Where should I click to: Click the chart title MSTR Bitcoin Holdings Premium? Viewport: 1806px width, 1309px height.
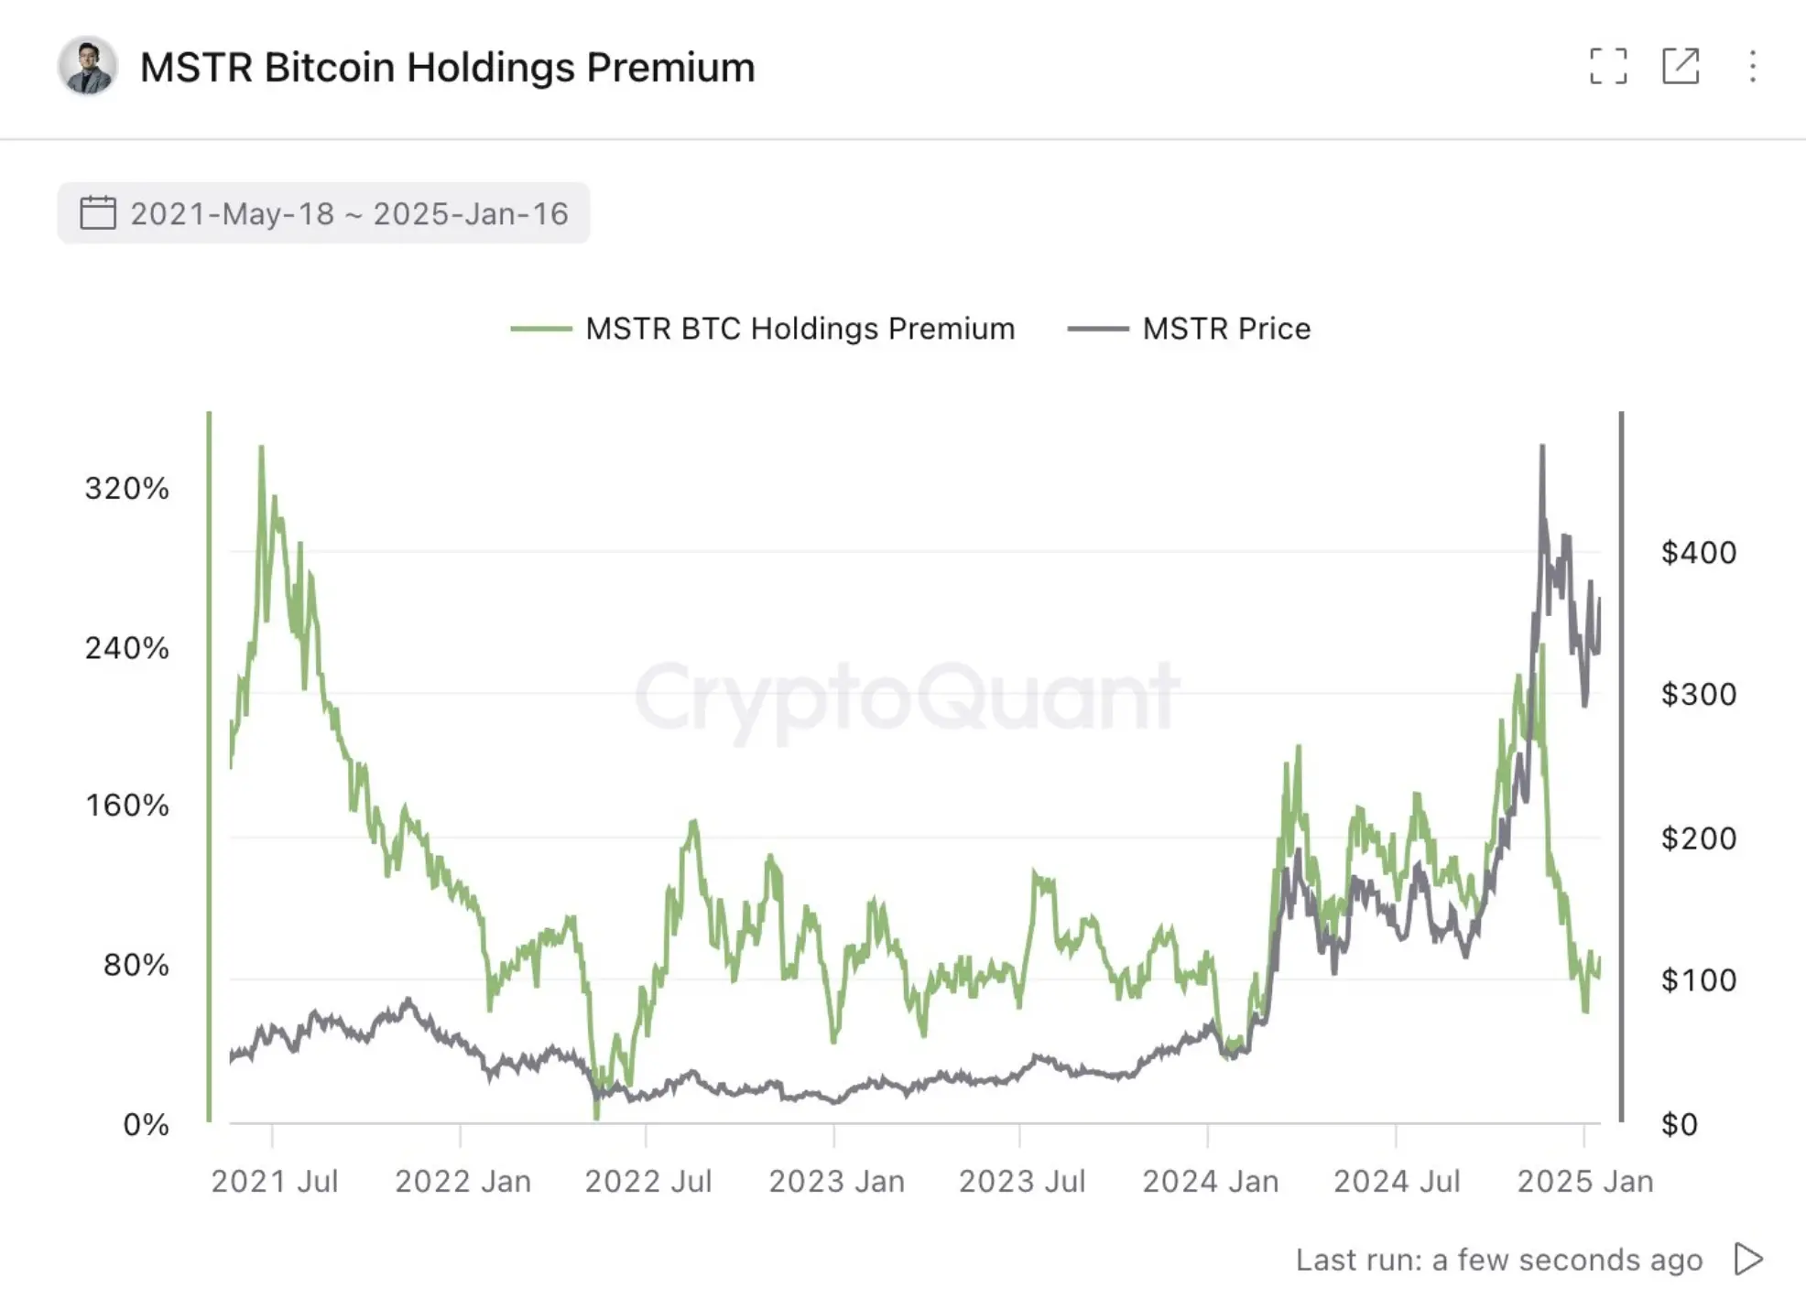pos(447,68)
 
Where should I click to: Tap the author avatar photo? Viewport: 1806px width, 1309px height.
pos(87,67)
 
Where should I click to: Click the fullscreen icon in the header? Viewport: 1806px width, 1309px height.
pos(1608,66)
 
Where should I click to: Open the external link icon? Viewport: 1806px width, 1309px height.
pos(1681,66)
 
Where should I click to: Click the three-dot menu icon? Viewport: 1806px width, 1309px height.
pos(1752,66)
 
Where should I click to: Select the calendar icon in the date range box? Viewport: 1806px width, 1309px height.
pos(97,213)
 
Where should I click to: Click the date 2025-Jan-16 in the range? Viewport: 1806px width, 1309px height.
pos(471,213)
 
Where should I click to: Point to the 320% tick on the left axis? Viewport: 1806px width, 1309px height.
pos(127,489)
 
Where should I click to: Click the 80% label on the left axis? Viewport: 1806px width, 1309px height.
pos(136,965)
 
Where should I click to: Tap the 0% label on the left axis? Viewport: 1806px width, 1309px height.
pos(146,1124)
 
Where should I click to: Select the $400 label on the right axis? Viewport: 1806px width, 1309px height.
pos(1698,553)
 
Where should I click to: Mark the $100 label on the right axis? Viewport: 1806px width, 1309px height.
pos(1698,980)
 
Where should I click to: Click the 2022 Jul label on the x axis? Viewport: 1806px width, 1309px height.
pos(647,1181)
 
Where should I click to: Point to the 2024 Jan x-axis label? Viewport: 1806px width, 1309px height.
pos(1210,1181)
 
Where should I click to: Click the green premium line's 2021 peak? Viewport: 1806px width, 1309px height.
pos(261,449)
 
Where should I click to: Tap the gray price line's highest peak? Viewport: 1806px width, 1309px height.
pos(1542,448)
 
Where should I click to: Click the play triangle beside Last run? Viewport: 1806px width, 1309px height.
pos(1748,1260)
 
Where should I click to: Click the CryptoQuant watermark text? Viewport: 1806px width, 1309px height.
pos(907,698)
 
